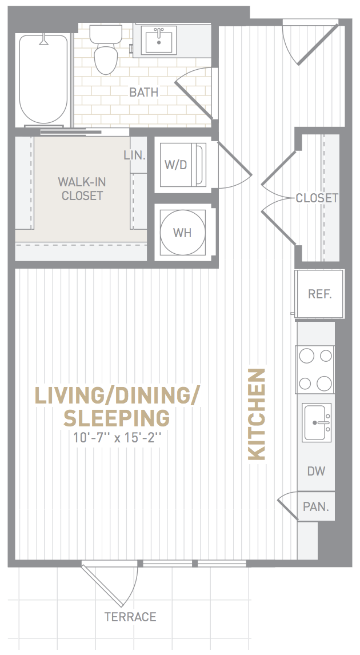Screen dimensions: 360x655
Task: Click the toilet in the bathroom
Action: click(106, 49)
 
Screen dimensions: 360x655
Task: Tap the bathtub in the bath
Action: click(43, 79)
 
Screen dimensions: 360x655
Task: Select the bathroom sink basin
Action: click(159, 40)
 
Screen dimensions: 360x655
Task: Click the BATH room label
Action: click(143, 93)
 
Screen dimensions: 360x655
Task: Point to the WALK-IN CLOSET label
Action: click(82, 189)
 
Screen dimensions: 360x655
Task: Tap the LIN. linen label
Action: click(134, 155)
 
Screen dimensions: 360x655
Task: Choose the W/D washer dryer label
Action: click(175, 165)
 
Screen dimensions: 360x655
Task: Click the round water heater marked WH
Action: click(182, 232)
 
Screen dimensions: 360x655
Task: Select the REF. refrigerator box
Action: click(319, 294)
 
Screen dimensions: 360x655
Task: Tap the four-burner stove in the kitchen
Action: click(315, 369)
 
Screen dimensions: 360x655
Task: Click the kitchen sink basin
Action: click(317, 422)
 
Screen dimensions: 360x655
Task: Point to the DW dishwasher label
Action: click(316, 471)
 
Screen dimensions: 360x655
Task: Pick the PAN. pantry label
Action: click(316, 507)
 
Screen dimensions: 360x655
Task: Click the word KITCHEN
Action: click(257, 414)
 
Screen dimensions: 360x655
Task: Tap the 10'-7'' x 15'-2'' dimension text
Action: click(117, 438)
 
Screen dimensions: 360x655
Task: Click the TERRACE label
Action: click(130, 617)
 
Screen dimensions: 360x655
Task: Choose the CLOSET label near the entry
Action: click(317, 198)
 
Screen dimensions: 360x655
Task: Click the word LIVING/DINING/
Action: click(117, 396)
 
